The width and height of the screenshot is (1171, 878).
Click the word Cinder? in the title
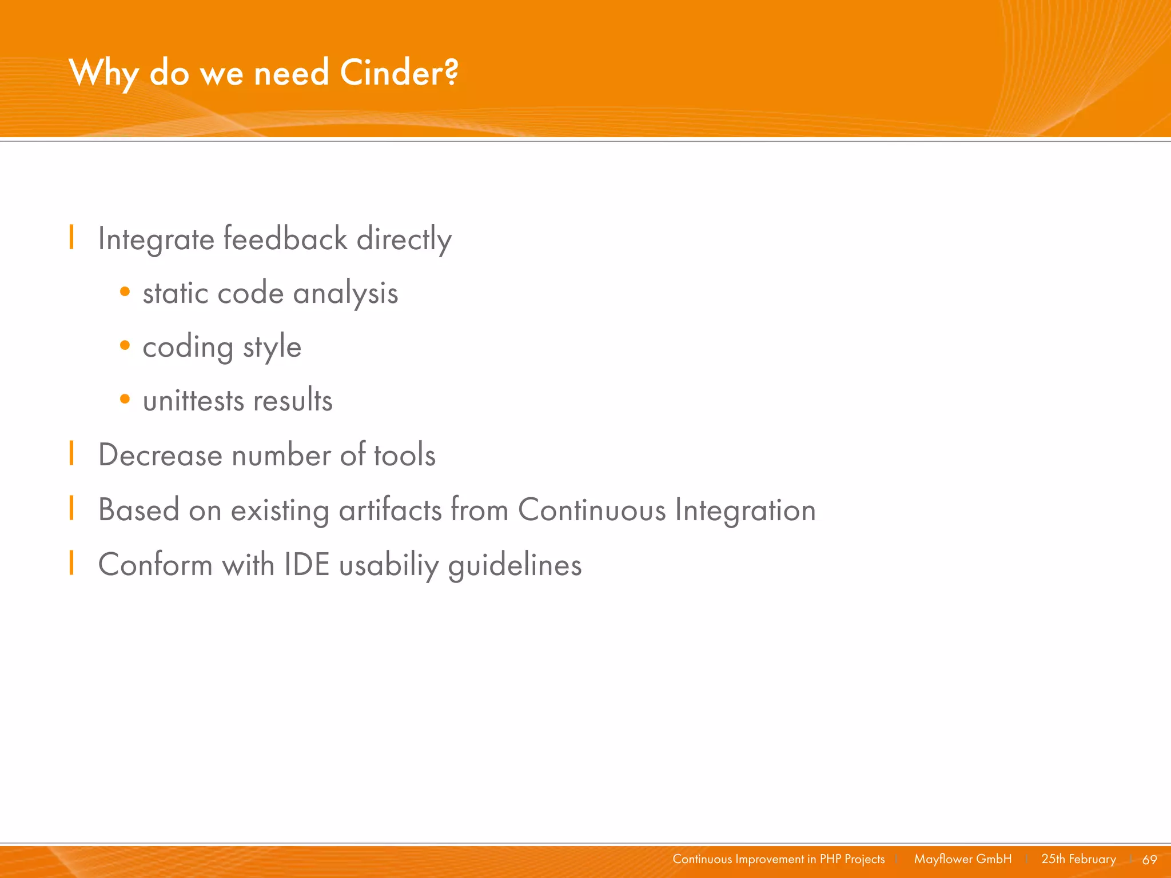coord(399,73)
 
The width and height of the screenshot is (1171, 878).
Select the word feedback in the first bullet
coord(285,238)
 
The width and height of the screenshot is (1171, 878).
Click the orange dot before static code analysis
coord(125,292)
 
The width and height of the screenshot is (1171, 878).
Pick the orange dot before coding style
coord(125,345)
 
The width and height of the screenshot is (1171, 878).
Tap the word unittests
coord(193,400)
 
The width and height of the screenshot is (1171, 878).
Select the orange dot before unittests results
coord(125,399)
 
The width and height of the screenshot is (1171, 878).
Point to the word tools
coord(404,455)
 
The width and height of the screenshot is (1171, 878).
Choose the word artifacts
coord(391,509)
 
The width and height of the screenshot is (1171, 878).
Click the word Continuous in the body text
coord(591,509)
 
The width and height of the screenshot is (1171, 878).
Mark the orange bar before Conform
coord(71,562)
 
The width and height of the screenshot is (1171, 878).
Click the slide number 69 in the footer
coord(1149,860)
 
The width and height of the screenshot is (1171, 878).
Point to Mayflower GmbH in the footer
coord(962,859)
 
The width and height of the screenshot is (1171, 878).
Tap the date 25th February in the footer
coord(1078,859)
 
